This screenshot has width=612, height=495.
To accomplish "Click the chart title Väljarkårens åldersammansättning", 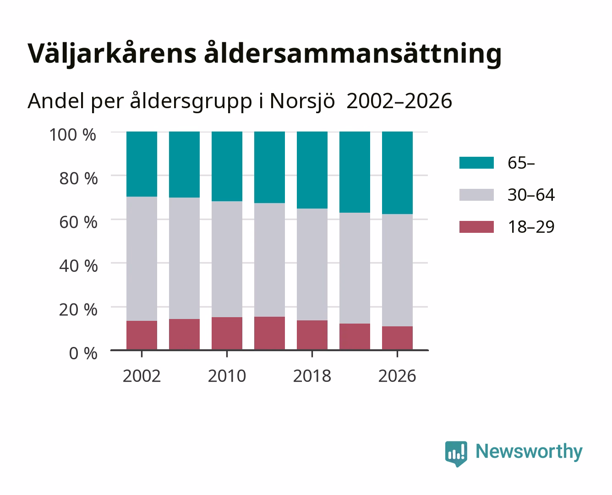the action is click(264, 54).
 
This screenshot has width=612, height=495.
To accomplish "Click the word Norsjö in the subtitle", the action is click(302, 101).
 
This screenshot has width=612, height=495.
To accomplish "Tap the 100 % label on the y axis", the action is click(72, 135).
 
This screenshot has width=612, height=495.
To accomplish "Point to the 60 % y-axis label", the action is click(78, 222).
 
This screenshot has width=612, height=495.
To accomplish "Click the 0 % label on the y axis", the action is click(83, 353).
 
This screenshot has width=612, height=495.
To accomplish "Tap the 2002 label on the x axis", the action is click(142, 376).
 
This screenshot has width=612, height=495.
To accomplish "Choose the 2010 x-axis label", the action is click(227, 376).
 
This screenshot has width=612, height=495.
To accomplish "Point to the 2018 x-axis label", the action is click(312, 376).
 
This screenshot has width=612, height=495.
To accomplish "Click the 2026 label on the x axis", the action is click(397, 376).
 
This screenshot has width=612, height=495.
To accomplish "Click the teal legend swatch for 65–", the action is click(476, 163).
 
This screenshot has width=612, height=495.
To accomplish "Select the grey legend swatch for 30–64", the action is click(476, 195).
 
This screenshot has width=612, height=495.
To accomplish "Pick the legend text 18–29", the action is click(531, 227).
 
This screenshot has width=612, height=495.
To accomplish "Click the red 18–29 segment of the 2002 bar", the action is click(142, 335).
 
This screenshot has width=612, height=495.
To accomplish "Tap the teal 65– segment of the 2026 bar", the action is click(397, 173).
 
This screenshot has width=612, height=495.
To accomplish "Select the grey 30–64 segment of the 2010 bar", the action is click(227, 259).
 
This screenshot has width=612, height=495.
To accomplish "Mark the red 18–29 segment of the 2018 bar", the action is click(312, 335).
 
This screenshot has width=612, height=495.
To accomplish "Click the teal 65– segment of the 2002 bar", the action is click(142, 164).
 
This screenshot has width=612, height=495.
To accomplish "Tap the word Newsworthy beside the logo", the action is click(529, 452).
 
